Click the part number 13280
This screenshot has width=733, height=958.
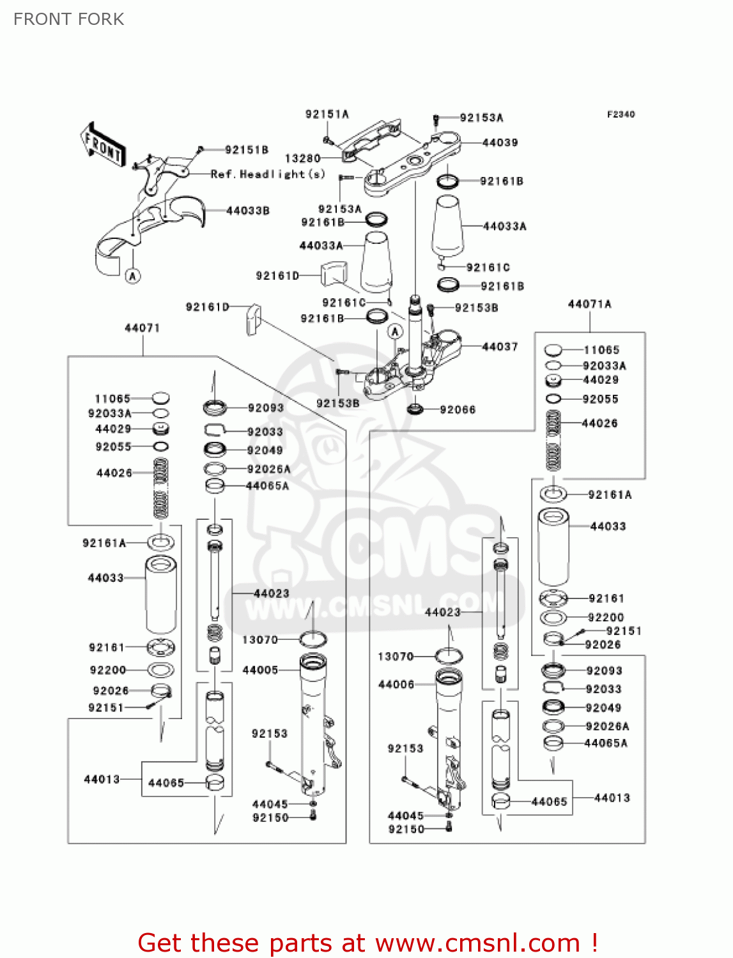302,158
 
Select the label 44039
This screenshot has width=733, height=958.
500,142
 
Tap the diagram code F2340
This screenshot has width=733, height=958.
621,114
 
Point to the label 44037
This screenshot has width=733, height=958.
500,347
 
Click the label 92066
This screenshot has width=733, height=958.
458,409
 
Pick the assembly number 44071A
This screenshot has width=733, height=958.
589,304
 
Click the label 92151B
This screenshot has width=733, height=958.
246,149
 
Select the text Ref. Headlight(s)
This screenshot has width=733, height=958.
268,174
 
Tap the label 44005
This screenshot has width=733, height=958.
260,670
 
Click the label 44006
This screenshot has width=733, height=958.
396,685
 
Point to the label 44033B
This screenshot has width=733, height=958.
248,211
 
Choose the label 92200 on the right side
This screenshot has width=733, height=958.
605,618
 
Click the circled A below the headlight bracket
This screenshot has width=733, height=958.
132,276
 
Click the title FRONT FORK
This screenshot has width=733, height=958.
69,19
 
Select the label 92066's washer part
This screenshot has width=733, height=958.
415,409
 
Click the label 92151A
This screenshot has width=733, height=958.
327,114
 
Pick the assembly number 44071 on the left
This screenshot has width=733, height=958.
142,328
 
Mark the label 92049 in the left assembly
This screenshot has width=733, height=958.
265,450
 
